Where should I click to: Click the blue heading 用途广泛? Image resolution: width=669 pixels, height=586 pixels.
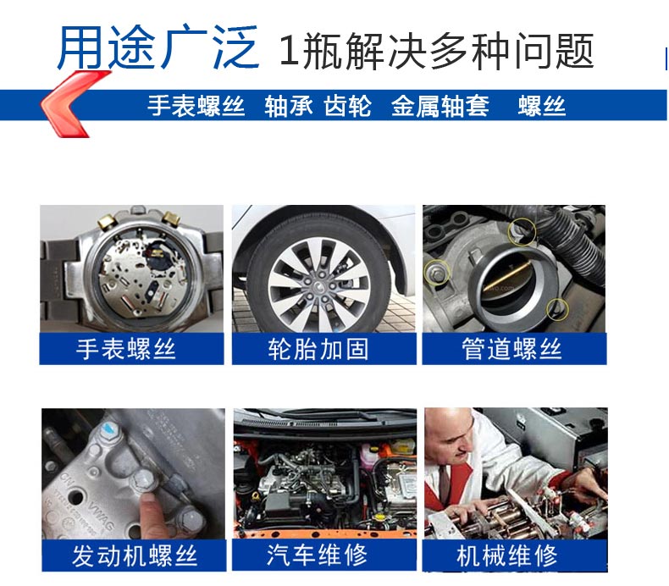[x=158, y=47]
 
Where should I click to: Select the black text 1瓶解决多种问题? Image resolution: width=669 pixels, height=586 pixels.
[x=436, y=51]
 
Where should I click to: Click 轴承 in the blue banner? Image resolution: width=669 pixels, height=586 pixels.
[x=288, y=106]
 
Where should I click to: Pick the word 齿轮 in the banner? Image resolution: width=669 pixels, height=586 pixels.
[x=347, y=106]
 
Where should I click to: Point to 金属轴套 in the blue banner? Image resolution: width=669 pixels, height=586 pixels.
[x=440, y=106]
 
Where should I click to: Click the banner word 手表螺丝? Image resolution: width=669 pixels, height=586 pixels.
[x=196, y=106]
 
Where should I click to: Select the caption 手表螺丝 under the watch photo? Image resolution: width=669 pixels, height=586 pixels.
[x=126, y=349]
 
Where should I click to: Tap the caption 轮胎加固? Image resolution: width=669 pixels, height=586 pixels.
[x=318, y=349]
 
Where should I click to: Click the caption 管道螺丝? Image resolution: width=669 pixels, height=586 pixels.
[x=511, y=349]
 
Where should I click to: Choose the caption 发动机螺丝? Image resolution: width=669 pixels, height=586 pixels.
[x=135, y=556]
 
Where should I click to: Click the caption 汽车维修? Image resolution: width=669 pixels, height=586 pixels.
[x=317, y=555]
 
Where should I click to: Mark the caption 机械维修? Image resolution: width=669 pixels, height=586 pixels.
[x=507, y=556]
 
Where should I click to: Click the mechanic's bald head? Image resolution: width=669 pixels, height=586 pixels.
[x=448, y=427]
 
